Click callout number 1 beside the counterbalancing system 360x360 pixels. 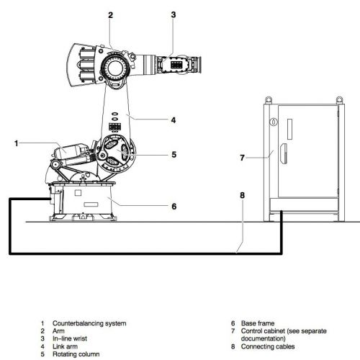click(17, 143)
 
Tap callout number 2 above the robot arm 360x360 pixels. click(110, 15)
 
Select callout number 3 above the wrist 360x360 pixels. click(174, 15)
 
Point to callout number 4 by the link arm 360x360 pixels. click(174, 120)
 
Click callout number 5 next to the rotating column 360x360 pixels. click(174, 155)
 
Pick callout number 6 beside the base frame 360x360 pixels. click(174, 207)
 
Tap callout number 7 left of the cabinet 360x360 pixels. click(242, 158)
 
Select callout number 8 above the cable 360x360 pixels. click(243, 195)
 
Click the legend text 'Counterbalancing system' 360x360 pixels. click(89, 323)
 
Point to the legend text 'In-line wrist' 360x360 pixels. click(70, 338)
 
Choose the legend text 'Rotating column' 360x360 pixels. click(76, 354)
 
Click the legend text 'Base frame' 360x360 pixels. click(258, 323)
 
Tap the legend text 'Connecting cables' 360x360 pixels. click(268, 346)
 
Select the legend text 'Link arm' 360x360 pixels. click(65, 346)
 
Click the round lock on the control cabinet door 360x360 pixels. click(274, 122)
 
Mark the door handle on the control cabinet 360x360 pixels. click(284, 153)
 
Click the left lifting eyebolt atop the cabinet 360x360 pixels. click(269, 99)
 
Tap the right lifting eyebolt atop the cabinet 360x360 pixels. click(339, 99)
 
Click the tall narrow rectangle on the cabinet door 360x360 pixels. click(290, 129)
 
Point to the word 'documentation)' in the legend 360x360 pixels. click(264, 338)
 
